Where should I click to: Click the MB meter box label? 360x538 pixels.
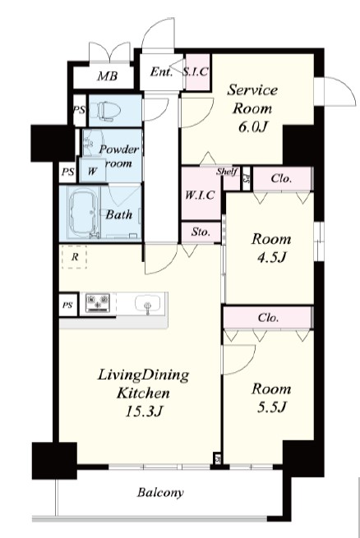(108, 76)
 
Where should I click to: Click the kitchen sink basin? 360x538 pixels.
(148, 303)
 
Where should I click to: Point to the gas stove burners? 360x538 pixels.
(98, 302)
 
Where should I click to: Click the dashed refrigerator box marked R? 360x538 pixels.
(74, 256)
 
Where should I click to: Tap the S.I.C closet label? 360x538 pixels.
(196, 71)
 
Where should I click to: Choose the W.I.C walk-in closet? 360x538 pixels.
(201, 194)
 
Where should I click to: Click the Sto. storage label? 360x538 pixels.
(201, 232)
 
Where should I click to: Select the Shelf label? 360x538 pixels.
(227, 171)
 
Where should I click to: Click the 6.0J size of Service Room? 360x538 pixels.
(252, 126)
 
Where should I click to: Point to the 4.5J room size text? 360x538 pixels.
(271, 256)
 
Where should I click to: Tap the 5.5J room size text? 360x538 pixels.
(271, 407)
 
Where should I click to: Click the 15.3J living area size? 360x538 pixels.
(143, 411)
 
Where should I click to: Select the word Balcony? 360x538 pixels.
(160, 493)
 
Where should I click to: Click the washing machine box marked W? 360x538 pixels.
(92, 170)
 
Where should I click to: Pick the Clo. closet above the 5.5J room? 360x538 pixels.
(269, 318)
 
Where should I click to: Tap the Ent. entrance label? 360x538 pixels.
(161, 72)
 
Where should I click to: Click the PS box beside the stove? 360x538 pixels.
(68, 305)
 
